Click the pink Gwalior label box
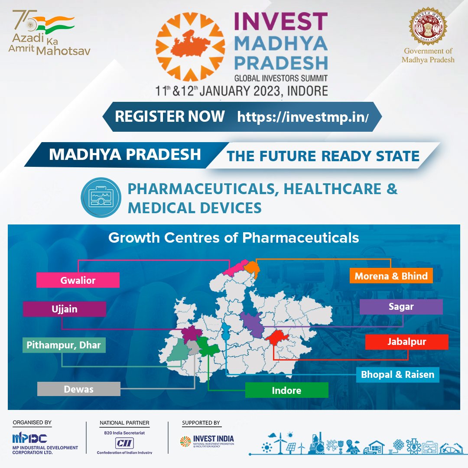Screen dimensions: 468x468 point(78,280)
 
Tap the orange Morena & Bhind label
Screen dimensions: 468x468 point(391,276)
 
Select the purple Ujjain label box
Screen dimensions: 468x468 point(64,309)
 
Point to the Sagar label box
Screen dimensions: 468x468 point(401,307)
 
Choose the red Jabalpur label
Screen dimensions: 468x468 point(406,341)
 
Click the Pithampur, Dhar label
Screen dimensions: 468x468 point(64,345)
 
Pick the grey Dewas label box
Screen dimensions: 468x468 point(78,389)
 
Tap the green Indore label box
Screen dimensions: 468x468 point(286,390)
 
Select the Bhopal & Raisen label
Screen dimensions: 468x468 point(397,374)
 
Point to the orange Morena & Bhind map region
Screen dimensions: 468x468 point(251,267)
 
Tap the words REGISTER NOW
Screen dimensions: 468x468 point(169,116)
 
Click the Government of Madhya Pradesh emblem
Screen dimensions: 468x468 point(428,26)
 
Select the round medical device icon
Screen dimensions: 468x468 point(101,198)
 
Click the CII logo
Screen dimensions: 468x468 point(125,442)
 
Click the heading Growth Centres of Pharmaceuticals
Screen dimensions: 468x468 point(234,237)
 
